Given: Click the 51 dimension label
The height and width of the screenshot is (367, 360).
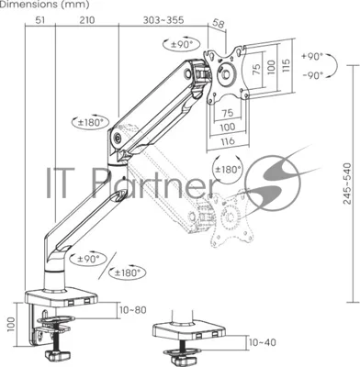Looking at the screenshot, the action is click(x=40, y=20).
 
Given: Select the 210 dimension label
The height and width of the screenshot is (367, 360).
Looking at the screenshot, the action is click(x=87, y=20).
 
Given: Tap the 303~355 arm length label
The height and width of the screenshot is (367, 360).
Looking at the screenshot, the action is click(x=163, y=20).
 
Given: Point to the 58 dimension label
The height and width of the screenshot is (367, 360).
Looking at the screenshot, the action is click(x=218, y=25).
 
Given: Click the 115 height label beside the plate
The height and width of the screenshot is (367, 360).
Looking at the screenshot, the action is click(x=286, y=65).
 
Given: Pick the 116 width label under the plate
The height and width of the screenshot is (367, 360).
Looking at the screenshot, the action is click(x=228, y=141).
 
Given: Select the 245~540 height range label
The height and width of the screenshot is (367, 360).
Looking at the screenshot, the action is click(x=347, y=183).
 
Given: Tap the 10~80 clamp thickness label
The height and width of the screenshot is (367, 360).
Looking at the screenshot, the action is click(x=133, y=310).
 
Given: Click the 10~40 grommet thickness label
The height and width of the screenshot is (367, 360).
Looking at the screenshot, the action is click(x=263, y=342).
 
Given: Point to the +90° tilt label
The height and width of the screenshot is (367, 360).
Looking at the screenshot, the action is click(x=312, y=57).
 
